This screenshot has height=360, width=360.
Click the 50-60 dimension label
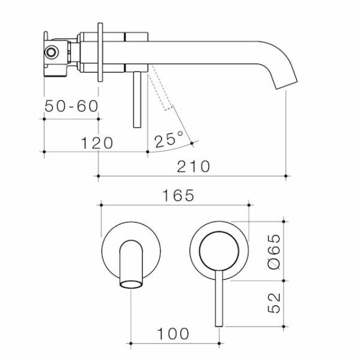pos(71,106)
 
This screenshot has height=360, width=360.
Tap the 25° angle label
pos(169,139)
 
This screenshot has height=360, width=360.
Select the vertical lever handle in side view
pos(136,101)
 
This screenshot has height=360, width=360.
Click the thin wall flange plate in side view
pos(100,54)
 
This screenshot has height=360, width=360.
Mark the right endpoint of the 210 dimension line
pos(287,176)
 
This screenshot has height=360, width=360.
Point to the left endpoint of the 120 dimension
pos(44,151)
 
